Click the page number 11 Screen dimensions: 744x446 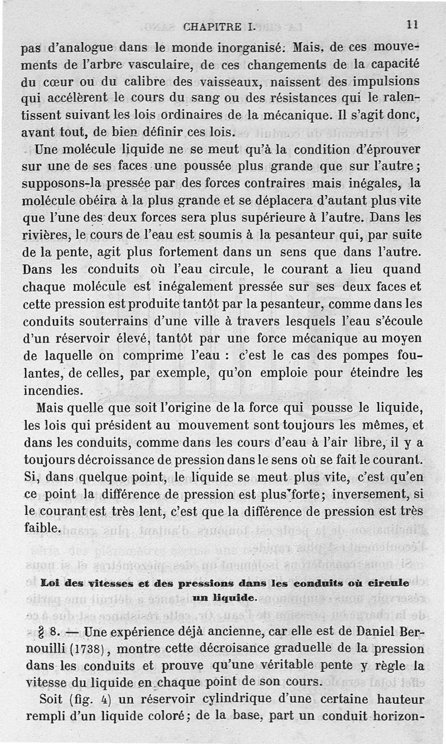(413, 25)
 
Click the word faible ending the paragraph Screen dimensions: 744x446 (42, 528)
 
